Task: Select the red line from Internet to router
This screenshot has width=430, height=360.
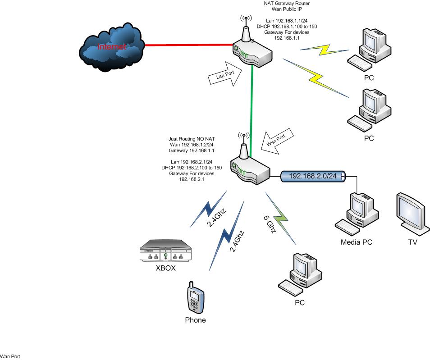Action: [x=185, y=46]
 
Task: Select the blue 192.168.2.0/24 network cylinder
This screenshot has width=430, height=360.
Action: [x=314, y=177]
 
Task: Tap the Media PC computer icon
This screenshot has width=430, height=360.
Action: [x=356, y=212]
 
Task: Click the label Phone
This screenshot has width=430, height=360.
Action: [x=195, y=320]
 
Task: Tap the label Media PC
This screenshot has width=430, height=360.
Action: [x=357, y=242]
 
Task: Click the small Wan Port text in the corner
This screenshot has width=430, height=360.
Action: [x=10, y=356]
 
